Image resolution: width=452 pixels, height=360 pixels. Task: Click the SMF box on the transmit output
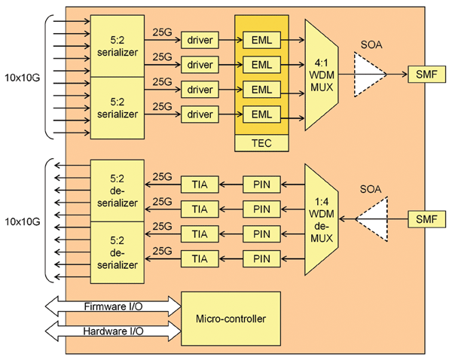pyautogui.click(x=420, y=75)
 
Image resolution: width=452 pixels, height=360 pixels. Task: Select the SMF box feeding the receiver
pyautogui.click(x=420, y=218)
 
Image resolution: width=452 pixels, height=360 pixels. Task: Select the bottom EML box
pyautogui.click(x=261, y=114)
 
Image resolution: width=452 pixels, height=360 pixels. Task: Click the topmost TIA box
pyautogui.click(x=199, y=184)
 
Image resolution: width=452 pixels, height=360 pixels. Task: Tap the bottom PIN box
pyautogui.click(x=261, y=258)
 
